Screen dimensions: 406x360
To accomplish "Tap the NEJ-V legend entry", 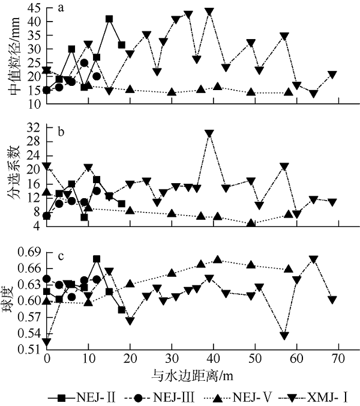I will click(x=236, y=396).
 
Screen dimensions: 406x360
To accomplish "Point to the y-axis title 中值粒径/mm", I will click(x=13, y=57).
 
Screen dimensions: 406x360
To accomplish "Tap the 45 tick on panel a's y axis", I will click(x=34, y=8).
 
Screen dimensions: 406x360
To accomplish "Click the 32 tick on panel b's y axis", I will click(x=34, y=127).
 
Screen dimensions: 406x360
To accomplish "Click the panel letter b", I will click(x=62, y=129).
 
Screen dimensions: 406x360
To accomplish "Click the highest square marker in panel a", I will click(x=109, y=19).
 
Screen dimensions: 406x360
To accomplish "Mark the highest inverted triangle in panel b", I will click(x=209, y=133).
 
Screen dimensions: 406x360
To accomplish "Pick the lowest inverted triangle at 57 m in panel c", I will click(x=284, y=335).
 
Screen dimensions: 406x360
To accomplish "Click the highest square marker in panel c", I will click(x=97, y=259).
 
